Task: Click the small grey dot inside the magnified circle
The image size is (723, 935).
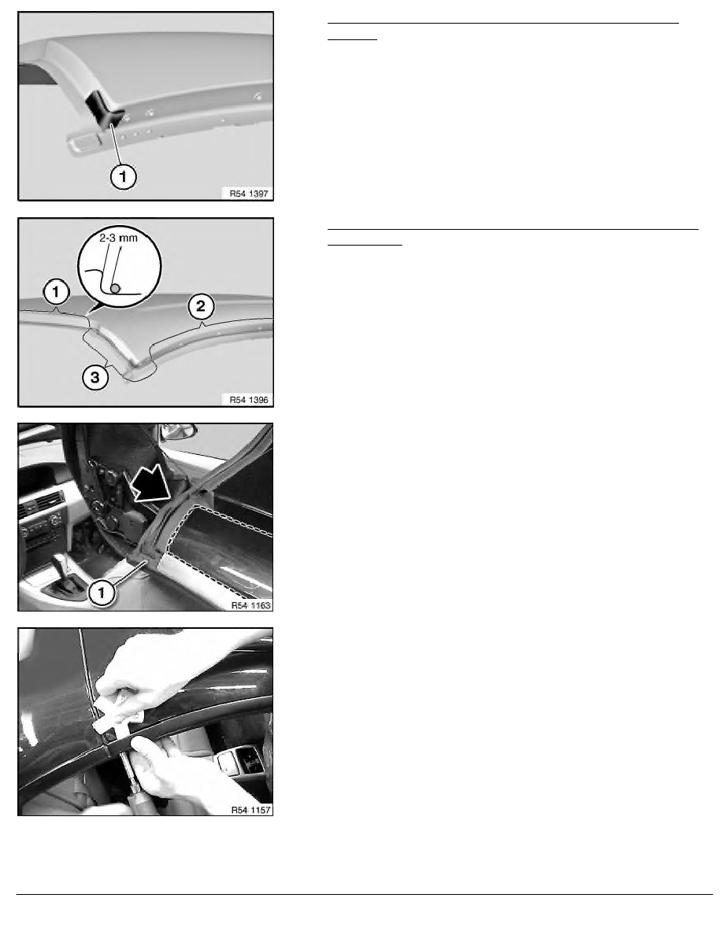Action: point(115,289)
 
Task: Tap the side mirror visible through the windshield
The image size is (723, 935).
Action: point(179,434)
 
